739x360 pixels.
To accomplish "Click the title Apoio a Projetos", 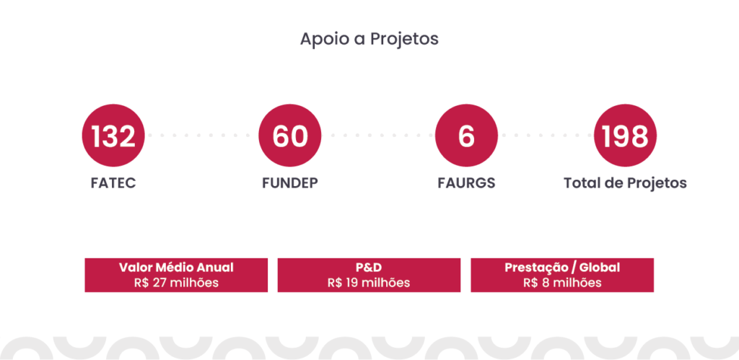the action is pyautogui.click(x=369, y=40).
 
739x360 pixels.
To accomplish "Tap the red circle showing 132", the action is pyautogui.click(x=113, y=135).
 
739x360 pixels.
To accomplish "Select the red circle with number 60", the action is pyautogui.click(x=290, y=135).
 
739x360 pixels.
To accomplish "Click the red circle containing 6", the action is pyautogui.click(x=466, y=135).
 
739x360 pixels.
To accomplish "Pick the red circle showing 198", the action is pyautogui.click(x=625, y=135).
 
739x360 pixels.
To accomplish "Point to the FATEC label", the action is pyautogui.click(x=113, y=183).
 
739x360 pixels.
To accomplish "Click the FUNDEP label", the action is pyautogui.click(x=290, y=183).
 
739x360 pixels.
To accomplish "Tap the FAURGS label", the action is pyautogui.click(x=466, y=183).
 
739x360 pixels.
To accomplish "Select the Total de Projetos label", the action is pyautogui.click(x=625, y=183).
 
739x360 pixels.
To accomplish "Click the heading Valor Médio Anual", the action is pyautogui.click(x=176, y=268).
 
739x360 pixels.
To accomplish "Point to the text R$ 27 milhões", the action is pyautogui.click(x=176, y=283).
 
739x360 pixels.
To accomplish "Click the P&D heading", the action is pyautogui.click(x=369, y=268).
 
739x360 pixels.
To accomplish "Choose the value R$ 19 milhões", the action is pyautogui.click(x=369, y=283).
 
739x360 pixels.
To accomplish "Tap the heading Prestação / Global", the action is pyautogui.click(x=562, y=268).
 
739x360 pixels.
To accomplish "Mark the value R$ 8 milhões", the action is pyautogui.click(x=562, y=283).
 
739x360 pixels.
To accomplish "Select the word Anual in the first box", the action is pyautogui.click(x=214, y=268).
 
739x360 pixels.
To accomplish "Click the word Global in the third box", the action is pyautogui.click(x=600, y=268).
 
